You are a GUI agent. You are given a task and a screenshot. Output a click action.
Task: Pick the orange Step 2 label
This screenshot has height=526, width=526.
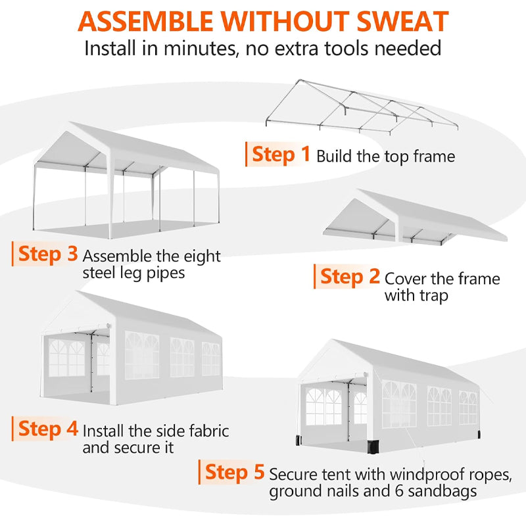(x=350, y=277)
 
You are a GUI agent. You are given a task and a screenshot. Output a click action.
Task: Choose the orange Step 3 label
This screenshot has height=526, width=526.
(x=48, y=254)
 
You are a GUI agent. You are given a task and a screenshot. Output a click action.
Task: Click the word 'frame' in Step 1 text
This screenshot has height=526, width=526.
(x=432, y=156)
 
